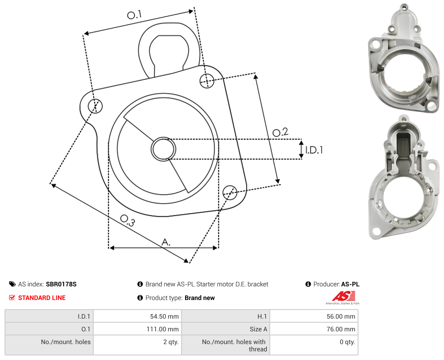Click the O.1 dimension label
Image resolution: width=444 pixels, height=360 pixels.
(134, 15)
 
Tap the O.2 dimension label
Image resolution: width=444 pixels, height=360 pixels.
(280, 132)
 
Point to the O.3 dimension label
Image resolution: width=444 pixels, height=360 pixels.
(127, 220)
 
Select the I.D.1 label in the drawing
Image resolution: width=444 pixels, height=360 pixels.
(314, 150)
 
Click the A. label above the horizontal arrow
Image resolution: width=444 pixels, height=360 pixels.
(166, 242)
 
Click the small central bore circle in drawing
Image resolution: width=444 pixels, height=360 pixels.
(163, 149)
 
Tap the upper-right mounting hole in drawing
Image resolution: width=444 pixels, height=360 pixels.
(207, 80)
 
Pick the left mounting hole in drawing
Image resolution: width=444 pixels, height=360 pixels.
(95, 106)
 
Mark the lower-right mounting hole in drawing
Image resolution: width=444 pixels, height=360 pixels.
(230, 192)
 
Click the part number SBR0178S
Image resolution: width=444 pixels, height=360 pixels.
(61, 284)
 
